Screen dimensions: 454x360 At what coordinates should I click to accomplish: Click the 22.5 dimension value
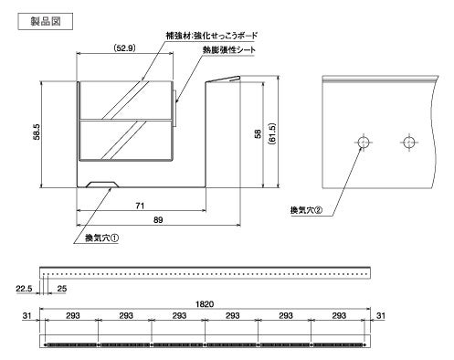point(26,289)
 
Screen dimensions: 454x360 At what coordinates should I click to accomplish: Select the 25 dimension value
point(62,289)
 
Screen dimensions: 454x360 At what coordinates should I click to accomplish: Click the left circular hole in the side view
point(363,143)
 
